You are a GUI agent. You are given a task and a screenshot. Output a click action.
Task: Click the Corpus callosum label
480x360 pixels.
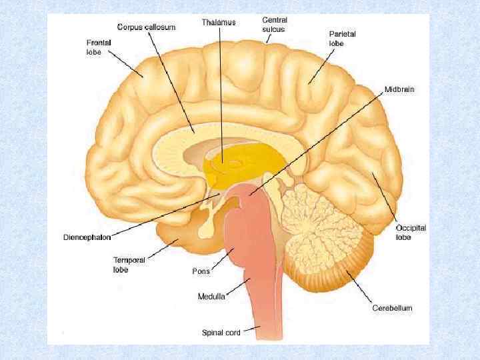click(x=147, y=27)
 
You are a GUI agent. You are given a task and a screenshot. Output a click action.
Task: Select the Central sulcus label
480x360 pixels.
click(x=275, y=25)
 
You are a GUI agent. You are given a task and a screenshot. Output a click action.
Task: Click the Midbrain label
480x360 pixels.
click(x=399, y=89)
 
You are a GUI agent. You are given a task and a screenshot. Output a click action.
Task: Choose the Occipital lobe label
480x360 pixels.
click(x=411, y=232)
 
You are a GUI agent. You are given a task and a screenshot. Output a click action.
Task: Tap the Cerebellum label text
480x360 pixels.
click(x=392, y=308)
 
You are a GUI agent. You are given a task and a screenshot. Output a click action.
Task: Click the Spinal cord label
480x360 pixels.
click(x=222, y=331)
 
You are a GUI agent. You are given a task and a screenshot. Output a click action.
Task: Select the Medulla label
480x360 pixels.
click(x=211, y=295)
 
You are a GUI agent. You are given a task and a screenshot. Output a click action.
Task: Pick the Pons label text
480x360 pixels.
click(x=201, y=271)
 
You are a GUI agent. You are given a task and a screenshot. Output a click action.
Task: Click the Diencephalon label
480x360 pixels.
click(x=87, y=237)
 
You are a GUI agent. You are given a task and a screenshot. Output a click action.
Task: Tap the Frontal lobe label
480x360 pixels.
click(x=99, y=47)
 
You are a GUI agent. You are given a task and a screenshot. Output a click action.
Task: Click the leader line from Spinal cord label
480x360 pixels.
click(x=251, y=328)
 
